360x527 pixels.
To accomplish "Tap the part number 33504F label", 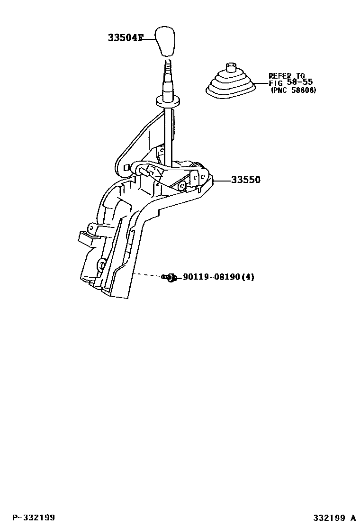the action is point(125,37).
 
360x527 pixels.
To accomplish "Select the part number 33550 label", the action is point(245,180).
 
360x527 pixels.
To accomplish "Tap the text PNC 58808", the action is point(294,90).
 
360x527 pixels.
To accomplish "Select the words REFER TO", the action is point(287,75).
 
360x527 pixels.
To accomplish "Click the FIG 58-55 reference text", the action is point(290,82).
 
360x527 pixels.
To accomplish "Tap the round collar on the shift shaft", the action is point(168,101).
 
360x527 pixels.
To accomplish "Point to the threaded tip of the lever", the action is point(168,66).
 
